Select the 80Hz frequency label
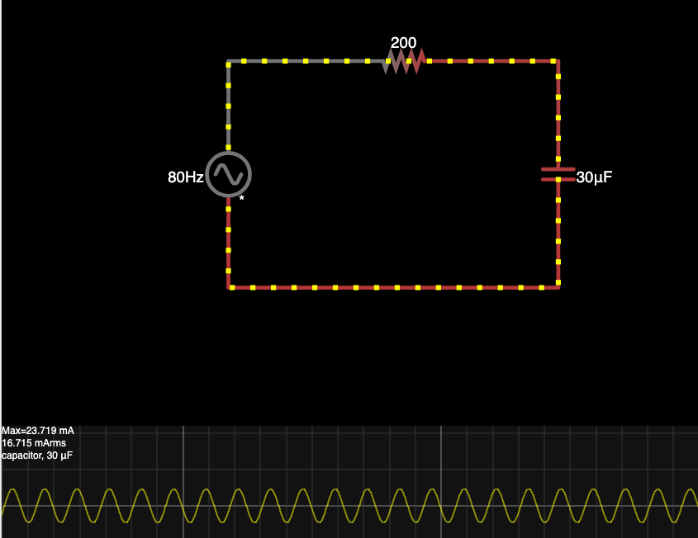(186, 177)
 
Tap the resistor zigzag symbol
(403, 61)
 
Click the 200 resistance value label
(403, 43)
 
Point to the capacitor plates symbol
(558, 174)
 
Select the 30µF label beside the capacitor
(594, 177)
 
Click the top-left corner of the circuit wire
(229, 61)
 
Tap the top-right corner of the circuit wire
(558, 61)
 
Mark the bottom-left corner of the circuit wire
(229, 287)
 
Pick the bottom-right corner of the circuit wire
(558, 287)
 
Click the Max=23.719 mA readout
(38, 431)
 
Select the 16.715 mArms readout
(33, 443)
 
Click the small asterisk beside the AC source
(242, 198)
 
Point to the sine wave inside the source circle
(228, 174)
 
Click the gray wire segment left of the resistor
(306, 61)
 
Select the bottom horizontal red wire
(393, 287)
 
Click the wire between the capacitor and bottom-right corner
(558, 235)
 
